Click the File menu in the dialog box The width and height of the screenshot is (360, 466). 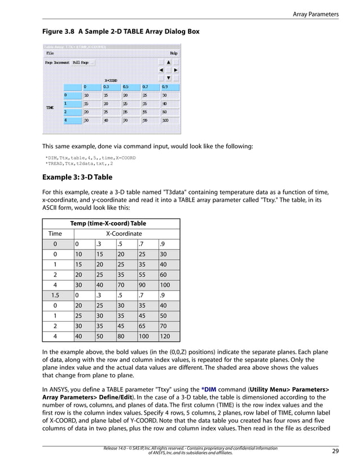click(50, 53)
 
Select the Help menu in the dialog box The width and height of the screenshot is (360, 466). click(174, 53)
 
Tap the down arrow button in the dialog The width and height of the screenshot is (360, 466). click(168, 78)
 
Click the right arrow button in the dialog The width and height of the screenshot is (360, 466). click(175, 70)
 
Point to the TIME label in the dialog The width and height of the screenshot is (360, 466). click(50, 107)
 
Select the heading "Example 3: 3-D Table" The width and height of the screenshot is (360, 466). click(77, 177)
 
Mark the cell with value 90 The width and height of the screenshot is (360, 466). click(146, 284)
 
